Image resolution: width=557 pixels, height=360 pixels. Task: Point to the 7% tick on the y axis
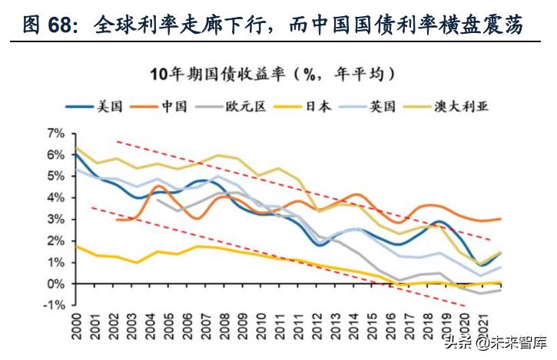58,134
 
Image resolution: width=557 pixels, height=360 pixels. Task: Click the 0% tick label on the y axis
58,284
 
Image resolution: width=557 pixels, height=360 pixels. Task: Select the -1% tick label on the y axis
55,306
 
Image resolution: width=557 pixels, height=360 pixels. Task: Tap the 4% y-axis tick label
58,198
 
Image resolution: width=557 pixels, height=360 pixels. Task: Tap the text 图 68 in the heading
51,25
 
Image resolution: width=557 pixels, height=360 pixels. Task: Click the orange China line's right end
502,219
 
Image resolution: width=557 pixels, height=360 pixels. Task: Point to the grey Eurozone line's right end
502,289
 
